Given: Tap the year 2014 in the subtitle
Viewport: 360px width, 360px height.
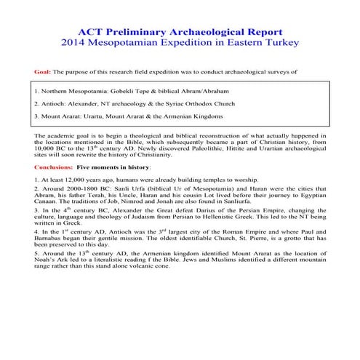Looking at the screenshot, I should [x=76, y=44].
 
